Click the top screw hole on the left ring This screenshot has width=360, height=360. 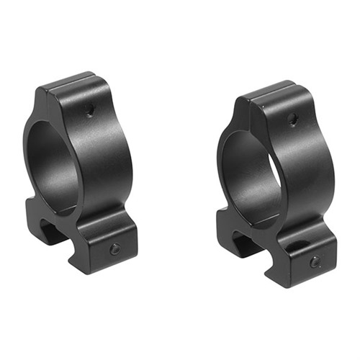pyautogui.click(x=89, y=112)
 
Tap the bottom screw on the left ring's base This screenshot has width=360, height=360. pyautogui.click(x=114, y=248)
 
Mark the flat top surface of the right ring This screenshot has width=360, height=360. pyautogui.click(x=270, y=91)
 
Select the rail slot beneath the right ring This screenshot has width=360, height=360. pyautogui.click(x=248, y=241)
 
